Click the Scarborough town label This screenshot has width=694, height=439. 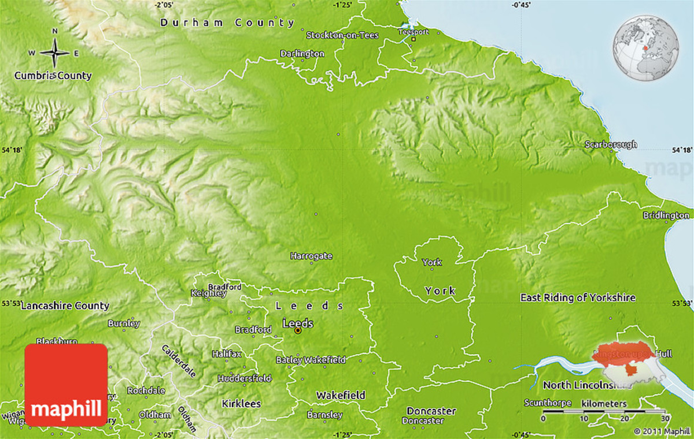click(x=611, y=144)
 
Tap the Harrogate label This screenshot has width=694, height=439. click(x=311, y=255)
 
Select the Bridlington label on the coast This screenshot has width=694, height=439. click(x=666, y=215)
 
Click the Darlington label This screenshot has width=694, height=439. click(x=302, y=53)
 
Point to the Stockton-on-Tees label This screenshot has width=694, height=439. click(x=342, y=35)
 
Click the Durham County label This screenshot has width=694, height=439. click(x=227, y=23)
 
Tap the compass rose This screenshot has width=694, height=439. click(x=56, y=53)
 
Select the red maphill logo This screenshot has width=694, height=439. click(x=66, y=385)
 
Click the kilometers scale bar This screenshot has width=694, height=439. click(x=604, y=411)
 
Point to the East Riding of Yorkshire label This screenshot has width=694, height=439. click(x=578, y=297)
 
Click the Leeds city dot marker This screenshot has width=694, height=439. click(x=298, y=331)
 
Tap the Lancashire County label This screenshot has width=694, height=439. click(x=65, y=306)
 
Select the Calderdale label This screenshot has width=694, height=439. click(x=174, y=359)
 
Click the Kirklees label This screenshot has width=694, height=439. click(x=242, y=404)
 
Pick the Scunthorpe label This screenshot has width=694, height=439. click(x=548, y=403)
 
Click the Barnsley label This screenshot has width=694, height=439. click(x=324, y=415)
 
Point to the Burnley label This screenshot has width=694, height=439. click(x=124, y=323)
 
